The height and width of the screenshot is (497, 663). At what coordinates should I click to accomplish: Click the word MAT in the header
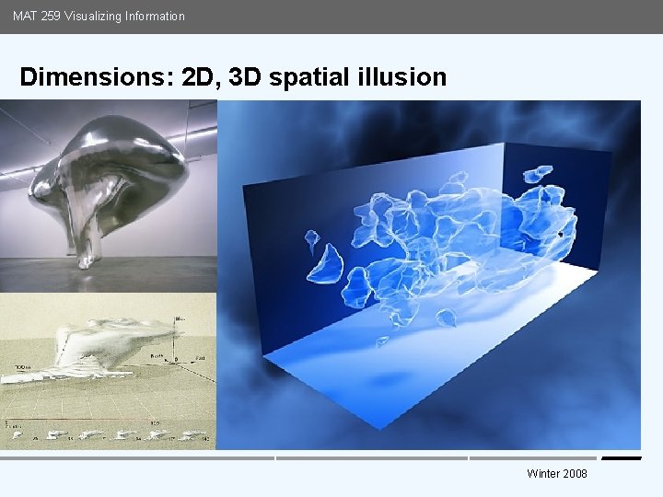(25, 16)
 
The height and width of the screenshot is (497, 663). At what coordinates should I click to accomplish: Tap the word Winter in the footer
(543, 474)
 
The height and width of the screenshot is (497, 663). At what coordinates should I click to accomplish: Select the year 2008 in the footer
(576, 474)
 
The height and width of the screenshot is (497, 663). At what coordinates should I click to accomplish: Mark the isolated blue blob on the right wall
(536, 173)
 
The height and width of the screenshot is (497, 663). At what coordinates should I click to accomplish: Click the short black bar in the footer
(621, 457)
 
